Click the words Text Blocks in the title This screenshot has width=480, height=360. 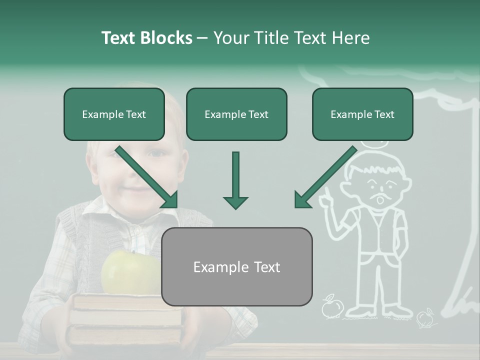pos(146,38)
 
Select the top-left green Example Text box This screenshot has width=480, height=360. pos(114,114)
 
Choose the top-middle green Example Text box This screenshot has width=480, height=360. pos(236,114)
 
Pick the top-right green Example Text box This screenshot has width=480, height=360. pos(362,114)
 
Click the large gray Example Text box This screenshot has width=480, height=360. pos(236,267)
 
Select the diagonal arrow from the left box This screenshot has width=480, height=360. pos(147,177)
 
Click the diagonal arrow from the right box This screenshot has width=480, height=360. pos(325,177)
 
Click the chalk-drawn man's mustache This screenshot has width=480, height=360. pos(378,193)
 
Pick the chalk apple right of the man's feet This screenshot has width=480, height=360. pos(425,317)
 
